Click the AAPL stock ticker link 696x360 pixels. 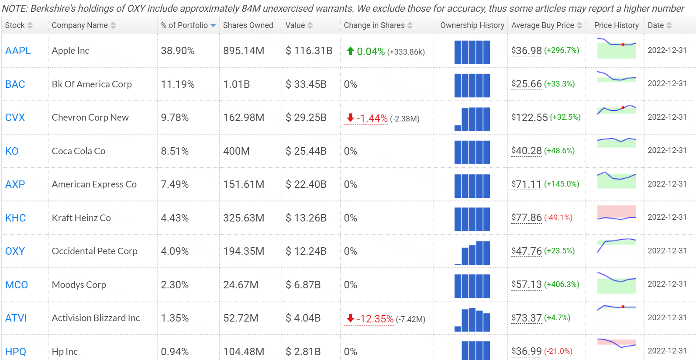(18, 51)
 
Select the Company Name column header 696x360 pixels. (79, 25)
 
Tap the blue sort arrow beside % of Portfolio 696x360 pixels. (213, 25)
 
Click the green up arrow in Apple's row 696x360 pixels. (350, 51)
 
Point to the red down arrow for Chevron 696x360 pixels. (350, 118)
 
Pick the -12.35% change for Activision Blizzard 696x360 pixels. (375, 319)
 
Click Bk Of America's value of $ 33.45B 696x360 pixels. (306, 84)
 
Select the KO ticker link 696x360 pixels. (12, 151)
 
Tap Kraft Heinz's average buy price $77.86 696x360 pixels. (527, 218)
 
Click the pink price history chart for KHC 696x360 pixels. (616, 213)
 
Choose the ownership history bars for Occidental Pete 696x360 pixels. (472, 253)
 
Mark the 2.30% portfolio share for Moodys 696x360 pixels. (175, 285)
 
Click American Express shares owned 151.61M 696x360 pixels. (244, 184)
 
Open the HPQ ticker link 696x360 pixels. (16, 352)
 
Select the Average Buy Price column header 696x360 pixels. (542, 25)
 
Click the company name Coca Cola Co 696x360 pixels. (79, 151)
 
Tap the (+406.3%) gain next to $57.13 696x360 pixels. (562, 284)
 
